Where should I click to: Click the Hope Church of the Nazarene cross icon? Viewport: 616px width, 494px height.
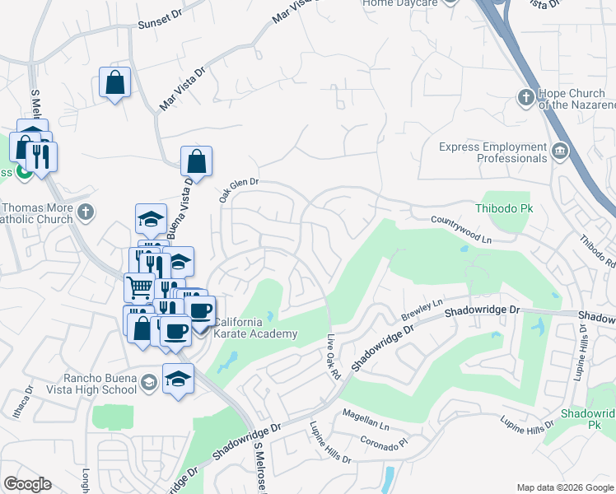pos(525,98)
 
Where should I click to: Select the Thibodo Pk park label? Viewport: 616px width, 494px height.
pos(504,208)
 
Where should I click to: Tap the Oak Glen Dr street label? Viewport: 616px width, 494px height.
pos(239,192)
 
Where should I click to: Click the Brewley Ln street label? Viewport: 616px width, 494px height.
pos(422,310)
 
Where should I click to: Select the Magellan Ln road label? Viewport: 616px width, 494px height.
pos(366,421)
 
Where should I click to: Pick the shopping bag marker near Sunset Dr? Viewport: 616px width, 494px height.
pos(114,82)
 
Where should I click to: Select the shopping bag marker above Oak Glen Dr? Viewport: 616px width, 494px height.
pos(197,161)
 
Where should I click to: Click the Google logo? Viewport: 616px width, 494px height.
pos(27,484)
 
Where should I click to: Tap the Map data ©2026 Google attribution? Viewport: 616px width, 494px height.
pos(565,487)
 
